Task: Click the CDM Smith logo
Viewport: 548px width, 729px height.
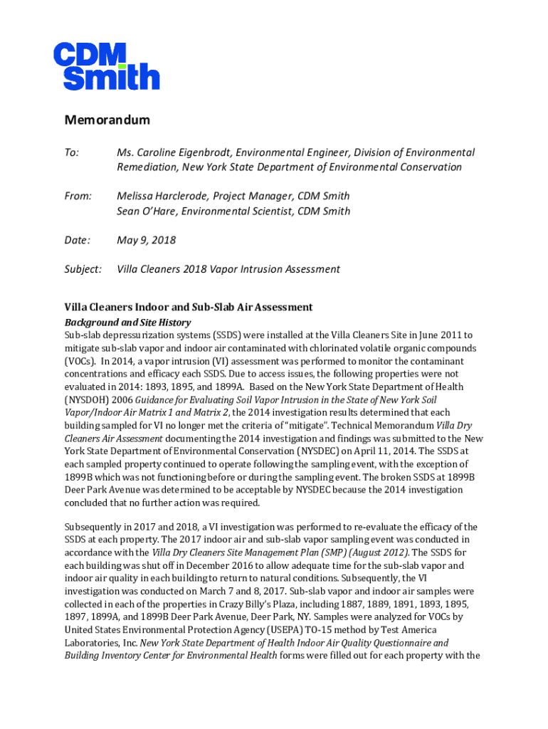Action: pyautogui.click(x=106, y=66)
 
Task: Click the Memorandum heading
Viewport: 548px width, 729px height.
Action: pyautogui.click(x=107, y=120)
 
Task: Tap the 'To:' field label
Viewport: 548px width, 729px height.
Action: pyautogui.click(x=72, y=153)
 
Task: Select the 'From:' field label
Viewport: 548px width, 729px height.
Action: pyautogui.click(x=78, y=196)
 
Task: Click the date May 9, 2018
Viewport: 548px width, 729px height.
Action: pyautogui.click(x=146, y=240)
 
